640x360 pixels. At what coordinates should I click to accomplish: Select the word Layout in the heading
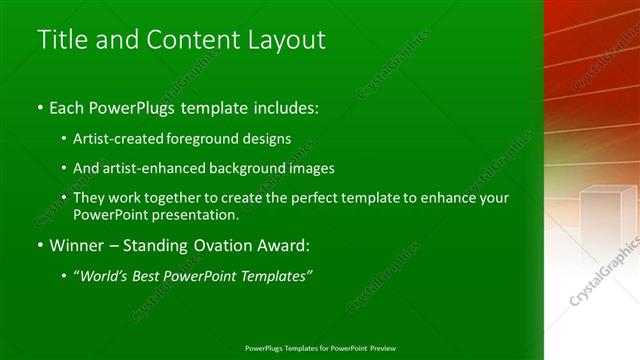(x=286, y=40)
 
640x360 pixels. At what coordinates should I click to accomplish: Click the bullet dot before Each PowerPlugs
(x=39, y=107)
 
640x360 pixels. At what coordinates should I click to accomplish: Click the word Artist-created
(x=114, y=138)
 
